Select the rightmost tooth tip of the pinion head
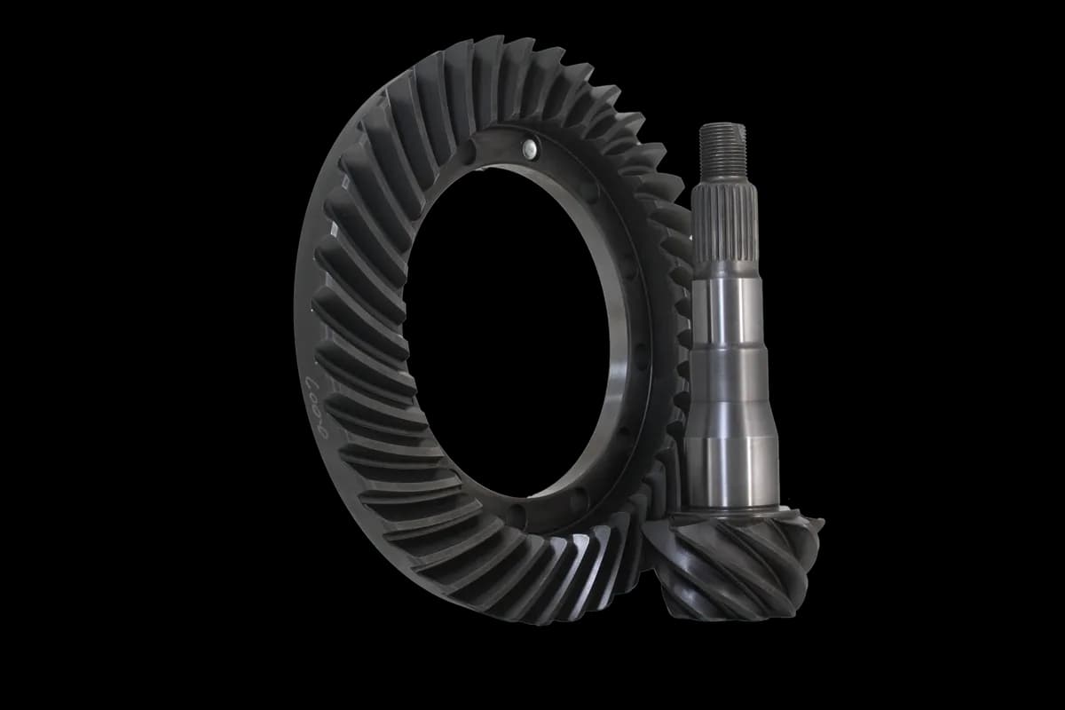click(817, 532)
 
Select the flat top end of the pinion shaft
click(722, 125)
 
